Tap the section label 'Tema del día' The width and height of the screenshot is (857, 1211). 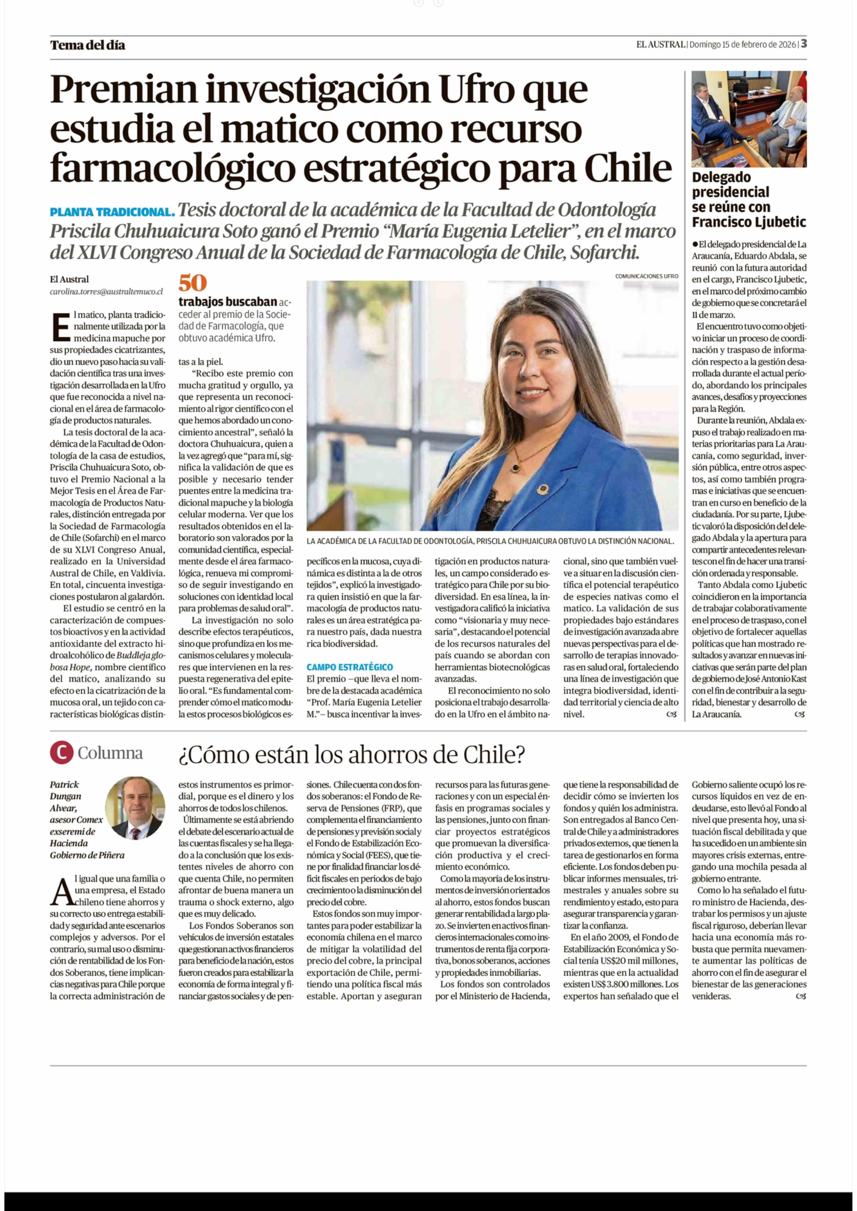click(88, 45)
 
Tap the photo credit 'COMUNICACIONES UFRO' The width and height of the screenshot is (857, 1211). click(646, 276)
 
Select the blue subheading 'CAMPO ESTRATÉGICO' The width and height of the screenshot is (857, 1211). click(349, 667)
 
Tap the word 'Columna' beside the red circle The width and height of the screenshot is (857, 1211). click(110, 753)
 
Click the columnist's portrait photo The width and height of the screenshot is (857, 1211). click(135, 808)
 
